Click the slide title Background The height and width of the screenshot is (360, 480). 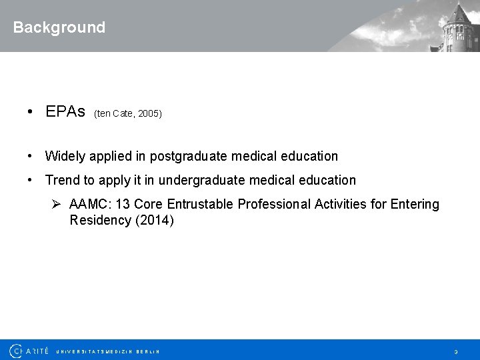click(59, 27)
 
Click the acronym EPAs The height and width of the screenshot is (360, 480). click(65, 111)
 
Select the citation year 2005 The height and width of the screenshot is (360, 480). click(149, 114)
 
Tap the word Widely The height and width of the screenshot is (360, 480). click(65, 156)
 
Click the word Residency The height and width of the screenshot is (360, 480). click(100, 220)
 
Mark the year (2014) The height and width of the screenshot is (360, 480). click(154, 220)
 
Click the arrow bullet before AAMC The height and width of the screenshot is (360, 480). click(57, 204)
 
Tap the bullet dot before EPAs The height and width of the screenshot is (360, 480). click(31, 111)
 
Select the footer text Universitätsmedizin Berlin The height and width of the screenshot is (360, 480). click(108, 351)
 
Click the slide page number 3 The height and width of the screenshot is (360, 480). click(456, 351)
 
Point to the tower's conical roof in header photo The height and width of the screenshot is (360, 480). click(461, 12)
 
